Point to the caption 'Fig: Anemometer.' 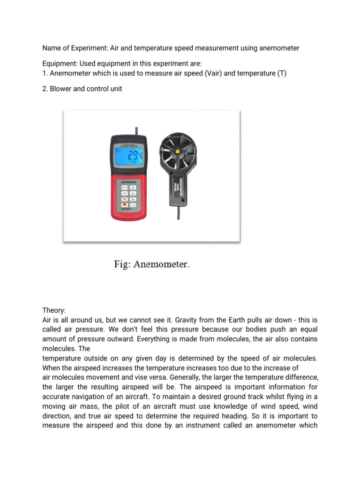click(x=152, y=264)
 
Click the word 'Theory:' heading click(x=54, y=310)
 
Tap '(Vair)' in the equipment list click(x=214, y=74)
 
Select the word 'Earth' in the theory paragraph click(x=247, y=320)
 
